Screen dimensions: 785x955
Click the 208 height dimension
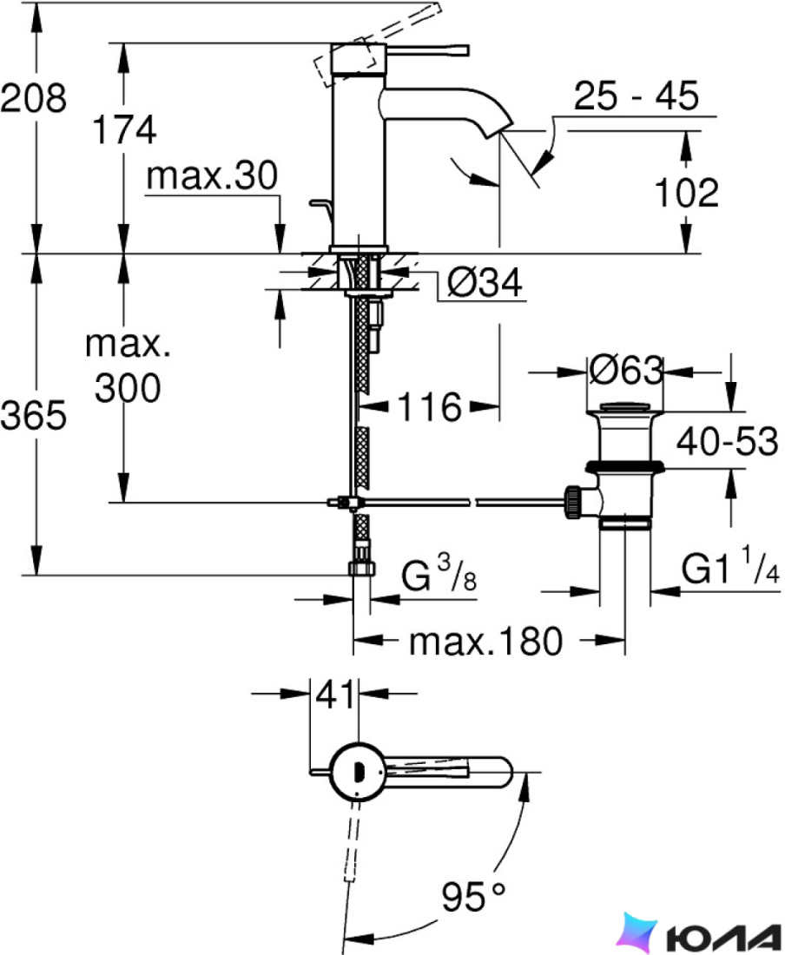pyautogui.click(x=33, y=97)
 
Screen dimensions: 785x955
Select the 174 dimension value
pyautogui.click(x=125, y=129)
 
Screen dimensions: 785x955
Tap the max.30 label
pyautogui.click(x=212, y=175)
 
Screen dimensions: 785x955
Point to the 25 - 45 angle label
pyautogui.click(x=637, y=95)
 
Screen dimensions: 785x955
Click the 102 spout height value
pyautogui.click(x=686, y=193)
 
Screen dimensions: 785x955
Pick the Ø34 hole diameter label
pyautogui.click(x=485, y=283)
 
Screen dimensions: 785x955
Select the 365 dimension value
pyautogui.click(x=34, y=416)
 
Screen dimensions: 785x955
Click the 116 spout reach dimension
pyautogui.click(x=430, y=407)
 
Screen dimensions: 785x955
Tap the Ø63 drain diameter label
pyautogui.click(x=627, y=369)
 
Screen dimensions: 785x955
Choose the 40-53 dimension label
pyautogui.click(x=727, y=442)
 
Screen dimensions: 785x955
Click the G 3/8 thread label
pyautogui.click(x=439, y=574)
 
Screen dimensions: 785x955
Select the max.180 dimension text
pyautogui.click(x=486, y=642)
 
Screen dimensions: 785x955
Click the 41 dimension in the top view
pyautogui.click(x=335, y=695)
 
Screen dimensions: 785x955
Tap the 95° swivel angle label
pyautogui.click(x=473, y=896)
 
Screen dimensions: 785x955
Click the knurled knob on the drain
pyautogui.click(x=574, y=501)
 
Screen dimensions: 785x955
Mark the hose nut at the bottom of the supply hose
pyautogui.click(x=362, y=569)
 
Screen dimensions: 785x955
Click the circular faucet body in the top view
pyautogui.click(x=357, y=772)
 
